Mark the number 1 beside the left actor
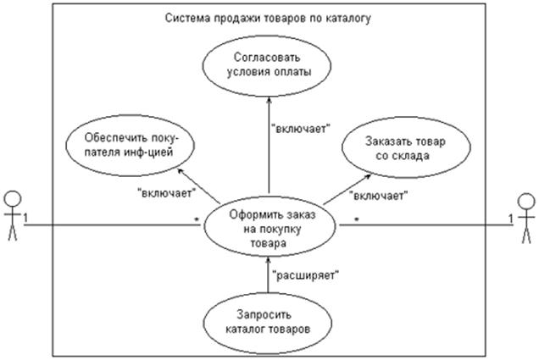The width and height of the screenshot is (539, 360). tap(26, 218)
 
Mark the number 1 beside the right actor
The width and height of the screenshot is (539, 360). tap(509, 218)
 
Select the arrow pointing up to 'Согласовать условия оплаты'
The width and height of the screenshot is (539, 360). tap(269, 144)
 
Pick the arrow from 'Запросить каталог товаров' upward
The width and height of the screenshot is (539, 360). tap(269, 275)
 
